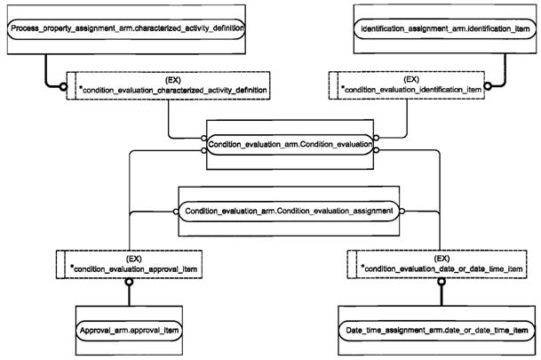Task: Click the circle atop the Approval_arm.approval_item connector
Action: click(130, 282)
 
